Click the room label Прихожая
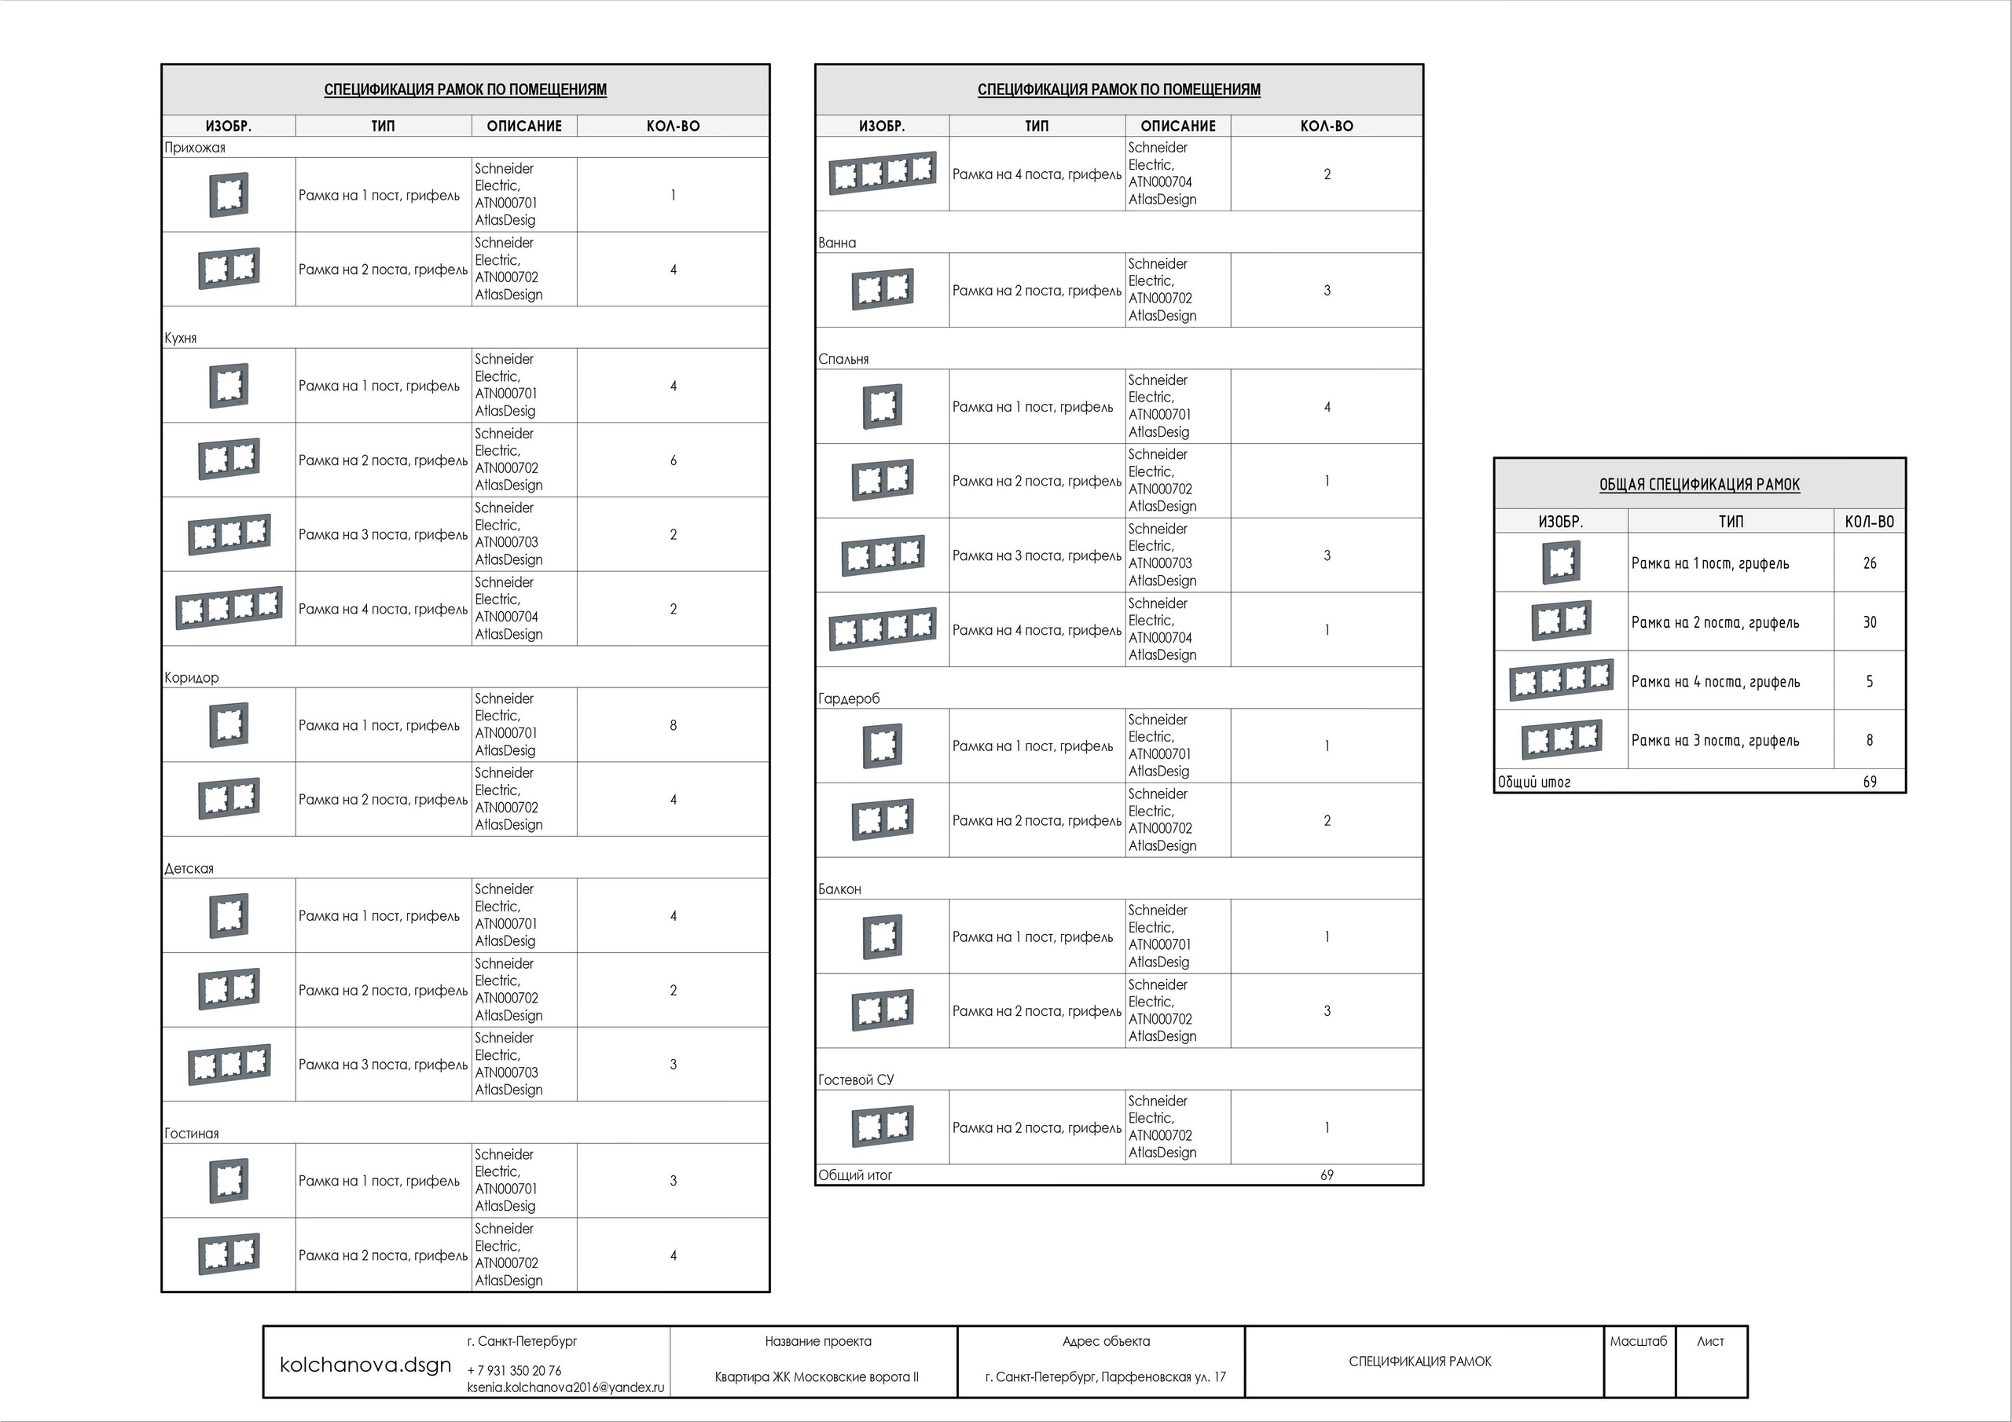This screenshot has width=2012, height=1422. tap(195, 147)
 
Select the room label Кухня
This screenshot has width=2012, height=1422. tap(181, 337)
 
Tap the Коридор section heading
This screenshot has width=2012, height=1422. tap(191, 677)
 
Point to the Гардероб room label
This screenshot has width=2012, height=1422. tap(848, 698)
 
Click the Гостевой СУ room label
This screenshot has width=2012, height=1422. tap(855, 1079)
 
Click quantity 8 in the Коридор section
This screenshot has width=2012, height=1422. tap(673, 725)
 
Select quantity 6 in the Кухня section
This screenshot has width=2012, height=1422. tap(673, 460)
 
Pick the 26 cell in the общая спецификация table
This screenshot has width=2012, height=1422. tap(1869, 563)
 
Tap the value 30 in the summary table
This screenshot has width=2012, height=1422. tap(1869, 622)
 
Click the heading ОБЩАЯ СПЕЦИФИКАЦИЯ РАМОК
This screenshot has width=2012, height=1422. tap(1699, 485)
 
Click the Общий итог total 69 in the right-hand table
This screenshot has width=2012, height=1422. tap(1869, 782)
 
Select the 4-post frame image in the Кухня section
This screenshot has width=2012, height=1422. tap(229, 608)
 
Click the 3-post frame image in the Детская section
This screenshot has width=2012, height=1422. tap(229, 1064)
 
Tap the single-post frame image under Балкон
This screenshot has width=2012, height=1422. tap(883, 936)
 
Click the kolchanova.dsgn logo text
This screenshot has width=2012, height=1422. tap(365, 1364)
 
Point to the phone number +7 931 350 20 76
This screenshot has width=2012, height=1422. tap(514, 1370)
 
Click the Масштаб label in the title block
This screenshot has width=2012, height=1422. tap(1638, 1340)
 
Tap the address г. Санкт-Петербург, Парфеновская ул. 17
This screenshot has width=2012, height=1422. tap(1105, 1376)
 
